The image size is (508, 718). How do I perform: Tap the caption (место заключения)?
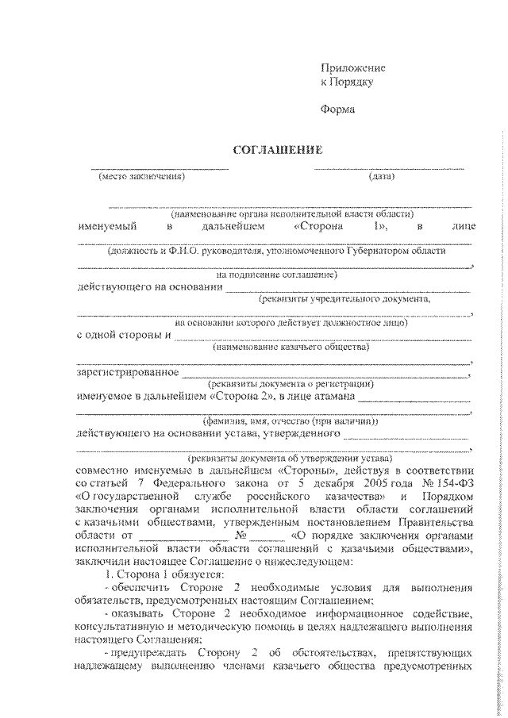click(141, 176)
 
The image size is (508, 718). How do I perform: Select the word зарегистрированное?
click(127, 371)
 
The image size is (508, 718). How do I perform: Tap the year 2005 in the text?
click(379, 483)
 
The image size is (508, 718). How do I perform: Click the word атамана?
click(331, 396)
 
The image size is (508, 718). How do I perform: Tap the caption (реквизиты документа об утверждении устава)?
click(283, 458)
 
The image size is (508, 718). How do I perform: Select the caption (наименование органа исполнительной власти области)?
click(285, 213)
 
